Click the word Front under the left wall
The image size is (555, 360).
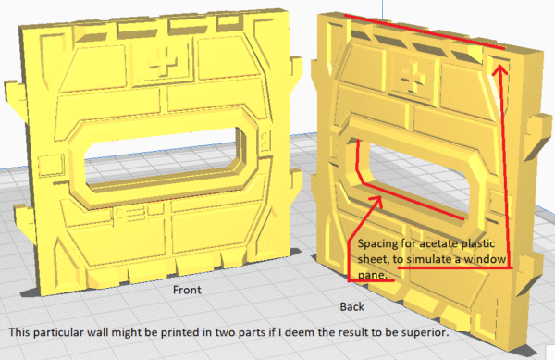coord(187,290)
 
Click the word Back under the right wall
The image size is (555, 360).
coord(351,306)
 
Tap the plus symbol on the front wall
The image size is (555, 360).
coord(162,63)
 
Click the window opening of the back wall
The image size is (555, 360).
coord(418,177)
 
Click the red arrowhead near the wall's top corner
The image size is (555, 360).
coord(499,69)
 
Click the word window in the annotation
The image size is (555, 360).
coord(485,259)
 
